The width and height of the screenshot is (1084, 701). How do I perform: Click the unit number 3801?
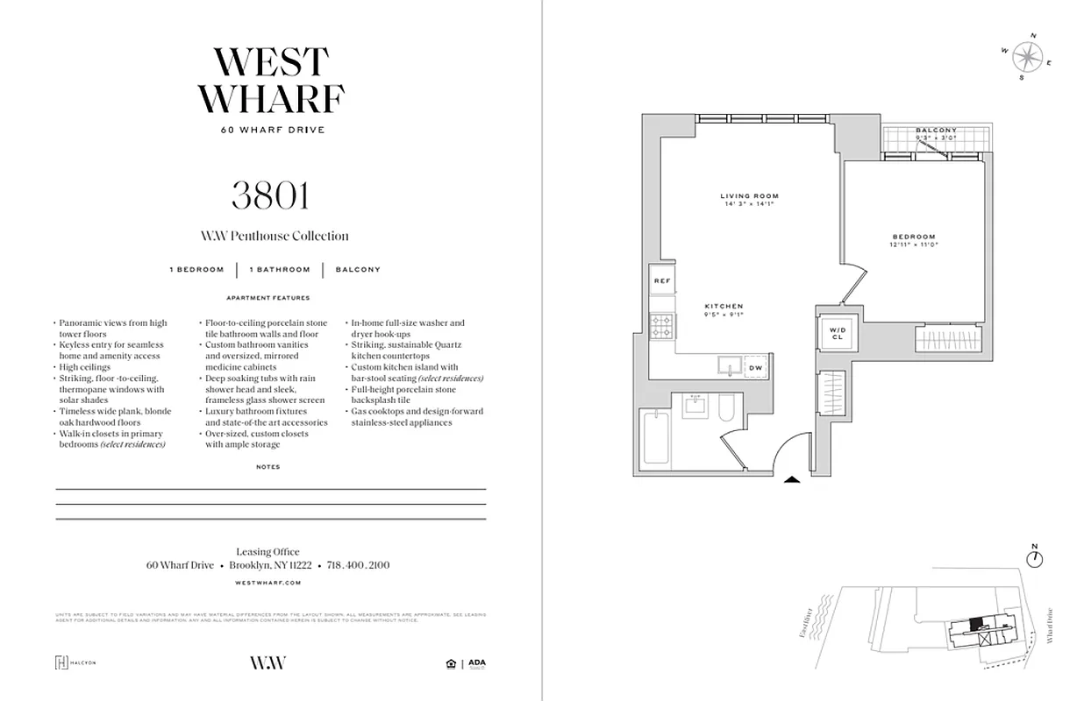tap(270, 195)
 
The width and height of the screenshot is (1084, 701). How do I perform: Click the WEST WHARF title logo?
tap(270, 81)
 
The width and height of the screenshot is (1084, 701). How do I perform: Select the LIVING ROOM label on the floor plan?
tap(749, 196)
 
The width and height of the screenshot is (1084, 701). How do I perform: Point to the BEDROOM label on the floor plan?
tap(914, 237)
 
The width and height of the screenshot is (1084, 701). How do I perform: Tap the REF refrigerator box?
tap(661, 280)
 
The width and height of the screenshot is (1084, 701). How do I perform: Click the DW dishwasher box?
tap(755, 368)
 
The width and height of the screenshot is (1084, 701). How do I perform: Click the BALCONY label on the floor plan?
tap(936, 131)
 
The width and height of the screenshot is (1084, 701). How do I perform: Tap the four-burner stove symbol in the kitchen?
tap(661, 328)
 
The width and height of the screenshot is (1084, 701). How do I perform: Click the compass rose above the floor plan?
tap(1026, 57)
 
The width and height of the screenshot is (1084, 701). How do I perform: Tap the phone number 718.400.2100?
tap(358, 566)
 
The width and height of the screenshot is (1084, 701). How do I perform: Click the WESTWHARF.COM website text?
tap(269, 582)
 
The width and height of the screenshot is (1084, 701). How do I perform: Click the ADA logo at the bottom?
tap(476, 662)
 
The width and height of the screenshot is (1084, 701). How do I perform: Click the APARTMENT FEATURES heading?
tap(268, 298)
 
